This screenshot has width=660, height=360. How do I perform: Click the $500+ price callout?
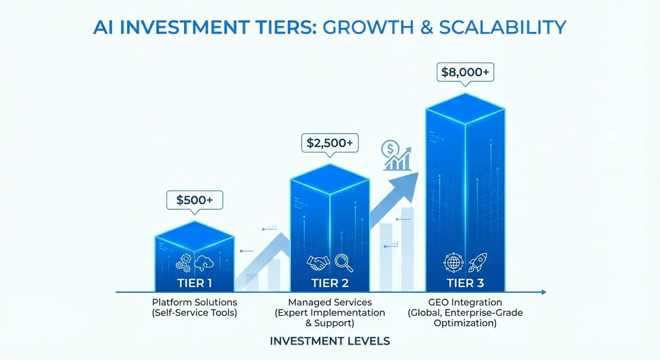coord(195,200)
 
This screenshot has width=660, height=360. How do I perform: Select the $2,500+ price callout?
coord(330,144)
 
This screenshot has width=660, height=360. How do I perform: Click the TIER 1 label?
coord(195,284)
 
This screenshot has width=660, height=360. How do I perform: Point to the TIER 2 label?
coord(330,284)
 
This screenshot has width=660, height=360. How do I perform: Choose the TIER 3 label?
coord(465,284)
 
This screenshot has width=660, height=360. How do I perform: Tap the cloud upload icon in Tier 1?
coord(204,263)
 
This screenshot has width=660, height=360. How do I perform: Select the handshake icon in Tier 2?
coord(318,263)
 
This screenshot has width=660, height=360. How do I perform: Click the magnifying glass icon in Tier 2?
coord(343,262)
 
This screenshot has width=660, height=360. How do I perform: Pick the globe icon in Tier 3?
coord(453,262)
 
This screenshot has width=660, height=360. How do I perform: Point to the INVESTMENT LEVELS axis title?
coord(330,341)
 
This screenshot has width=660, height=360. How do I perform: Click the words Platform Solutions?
coord(195,302)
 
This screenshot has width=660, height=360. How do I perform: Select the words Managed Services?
coord(330,302)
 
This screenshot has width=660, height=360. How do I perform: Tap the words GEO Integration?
coord(465,302)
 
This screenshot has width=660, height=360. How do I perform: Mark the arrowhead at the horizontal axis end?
coord(543,292)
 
